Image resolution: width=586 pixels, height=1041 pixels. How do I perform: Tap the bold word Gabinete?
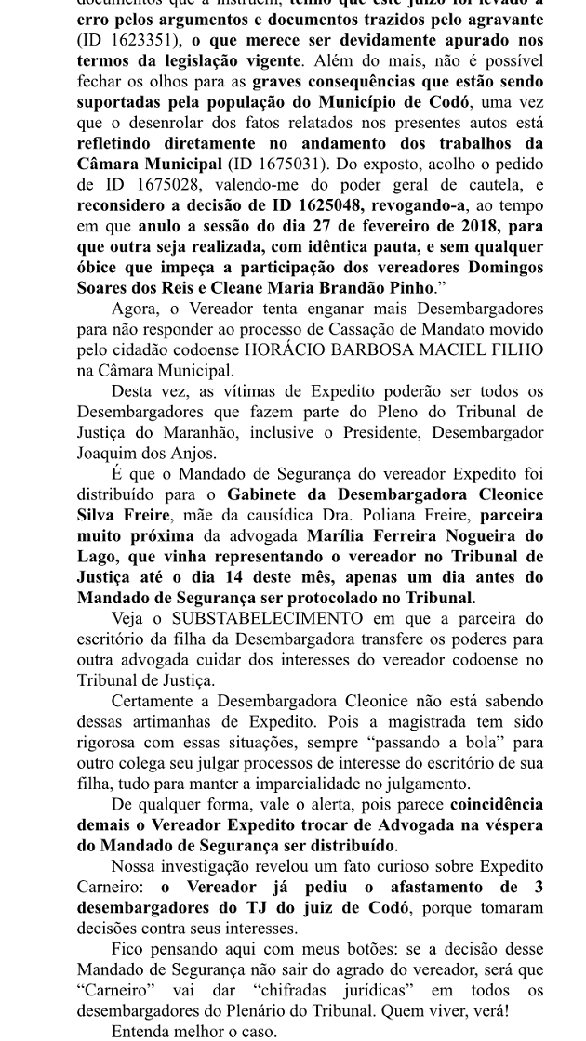point(270,494)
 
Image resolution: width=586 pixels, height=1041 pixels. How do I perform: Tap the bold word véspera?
point(506,824)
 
